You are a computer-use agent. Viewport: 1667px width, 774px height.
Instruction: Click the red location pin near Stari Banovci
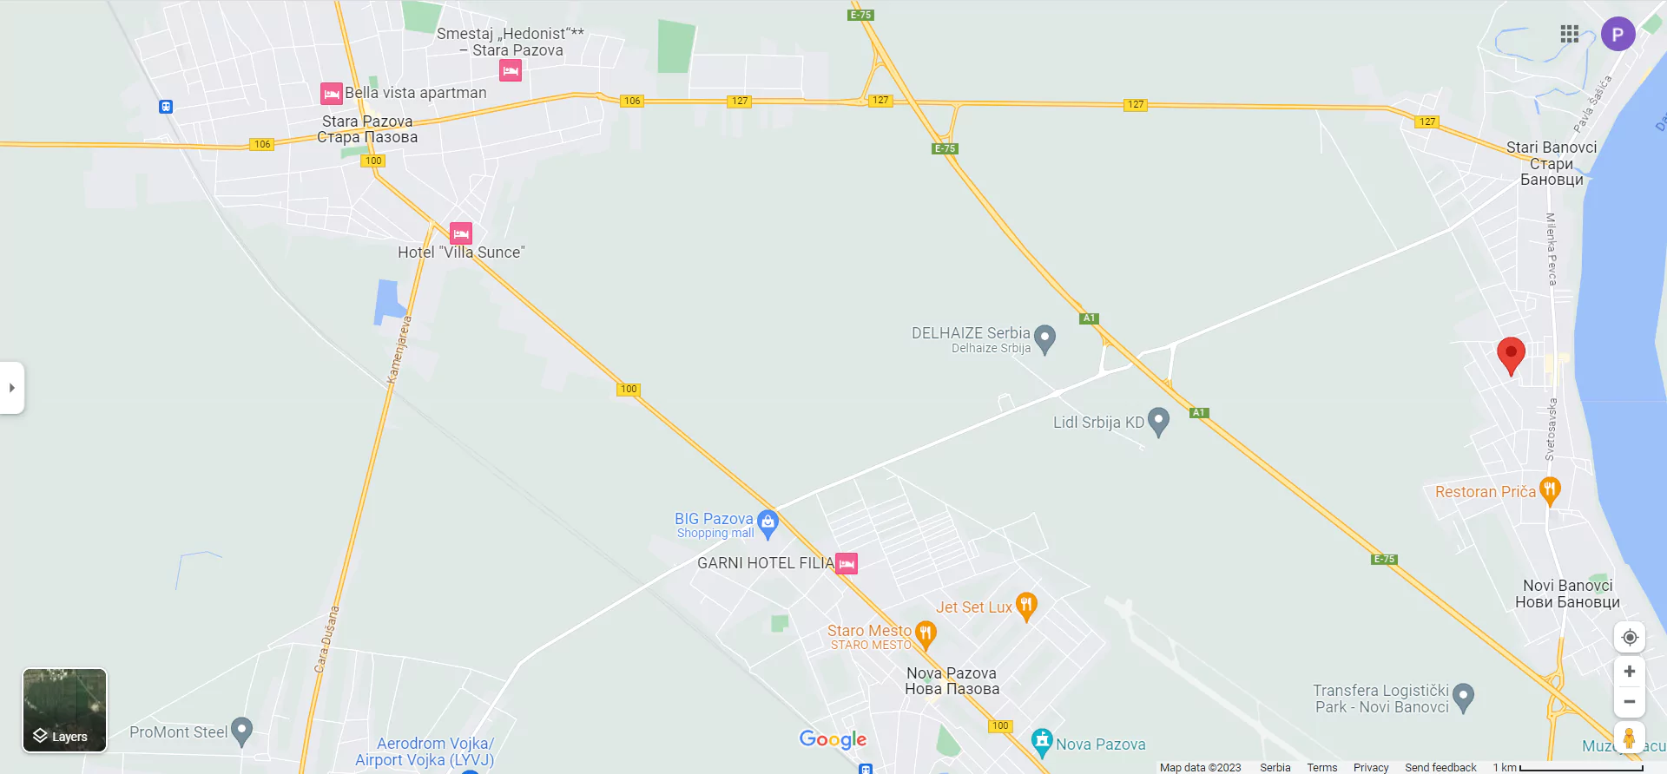tap(1511, 355)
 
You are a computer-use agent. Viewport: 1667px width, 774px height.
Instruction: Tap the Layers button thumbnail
tap(64, 710)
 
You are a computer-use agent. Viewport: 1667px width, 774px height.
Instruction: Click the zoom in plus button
tap(1630, 672)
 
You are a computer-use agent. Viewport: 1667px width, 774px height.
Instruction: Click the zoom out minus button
tap(1630, 701)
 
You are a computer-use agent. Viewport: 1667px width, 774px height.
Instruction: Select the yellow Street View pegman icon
tap(1630, 738)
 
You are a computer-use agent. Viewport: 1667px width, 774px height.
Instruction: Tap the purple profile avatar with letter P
tap(1618, 35)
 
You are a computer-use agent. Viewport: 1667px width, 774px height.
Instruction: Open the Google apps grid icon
tap(1569, 34)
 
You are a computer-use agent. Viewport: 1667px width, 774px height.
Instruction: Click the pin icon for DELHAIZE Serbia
tap(1045, 338)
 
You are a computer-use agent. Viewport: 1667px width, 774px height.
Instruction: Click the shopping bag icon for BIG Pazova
tap(768, 522)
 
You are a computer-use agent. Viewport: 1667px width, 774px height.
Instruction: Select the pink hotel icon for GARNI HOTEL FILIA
tap(847, 564)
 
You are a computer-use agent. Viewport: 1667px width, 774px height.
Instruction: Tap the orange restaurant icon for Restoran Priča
tap(1550, 490)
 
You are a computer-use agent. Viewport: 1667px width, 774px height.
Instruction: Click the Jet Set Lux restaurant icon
tap(1026, 605)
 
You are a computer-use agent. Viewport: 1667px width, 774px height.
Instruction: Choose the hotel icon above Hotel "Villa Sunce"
tap(461, 233)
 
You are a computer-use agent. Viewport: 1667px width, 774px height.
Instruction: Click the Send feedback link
tap(1440, 767)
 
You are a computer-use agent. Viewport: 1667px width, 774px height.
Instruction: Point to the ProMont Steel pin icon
tap(241, 731)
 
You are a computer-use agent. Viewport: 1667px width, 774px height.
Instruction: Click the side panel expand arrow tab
tap(12, 388)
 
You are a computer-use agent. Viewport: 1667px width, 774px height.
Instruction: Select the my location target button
tap(1630, 638)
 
